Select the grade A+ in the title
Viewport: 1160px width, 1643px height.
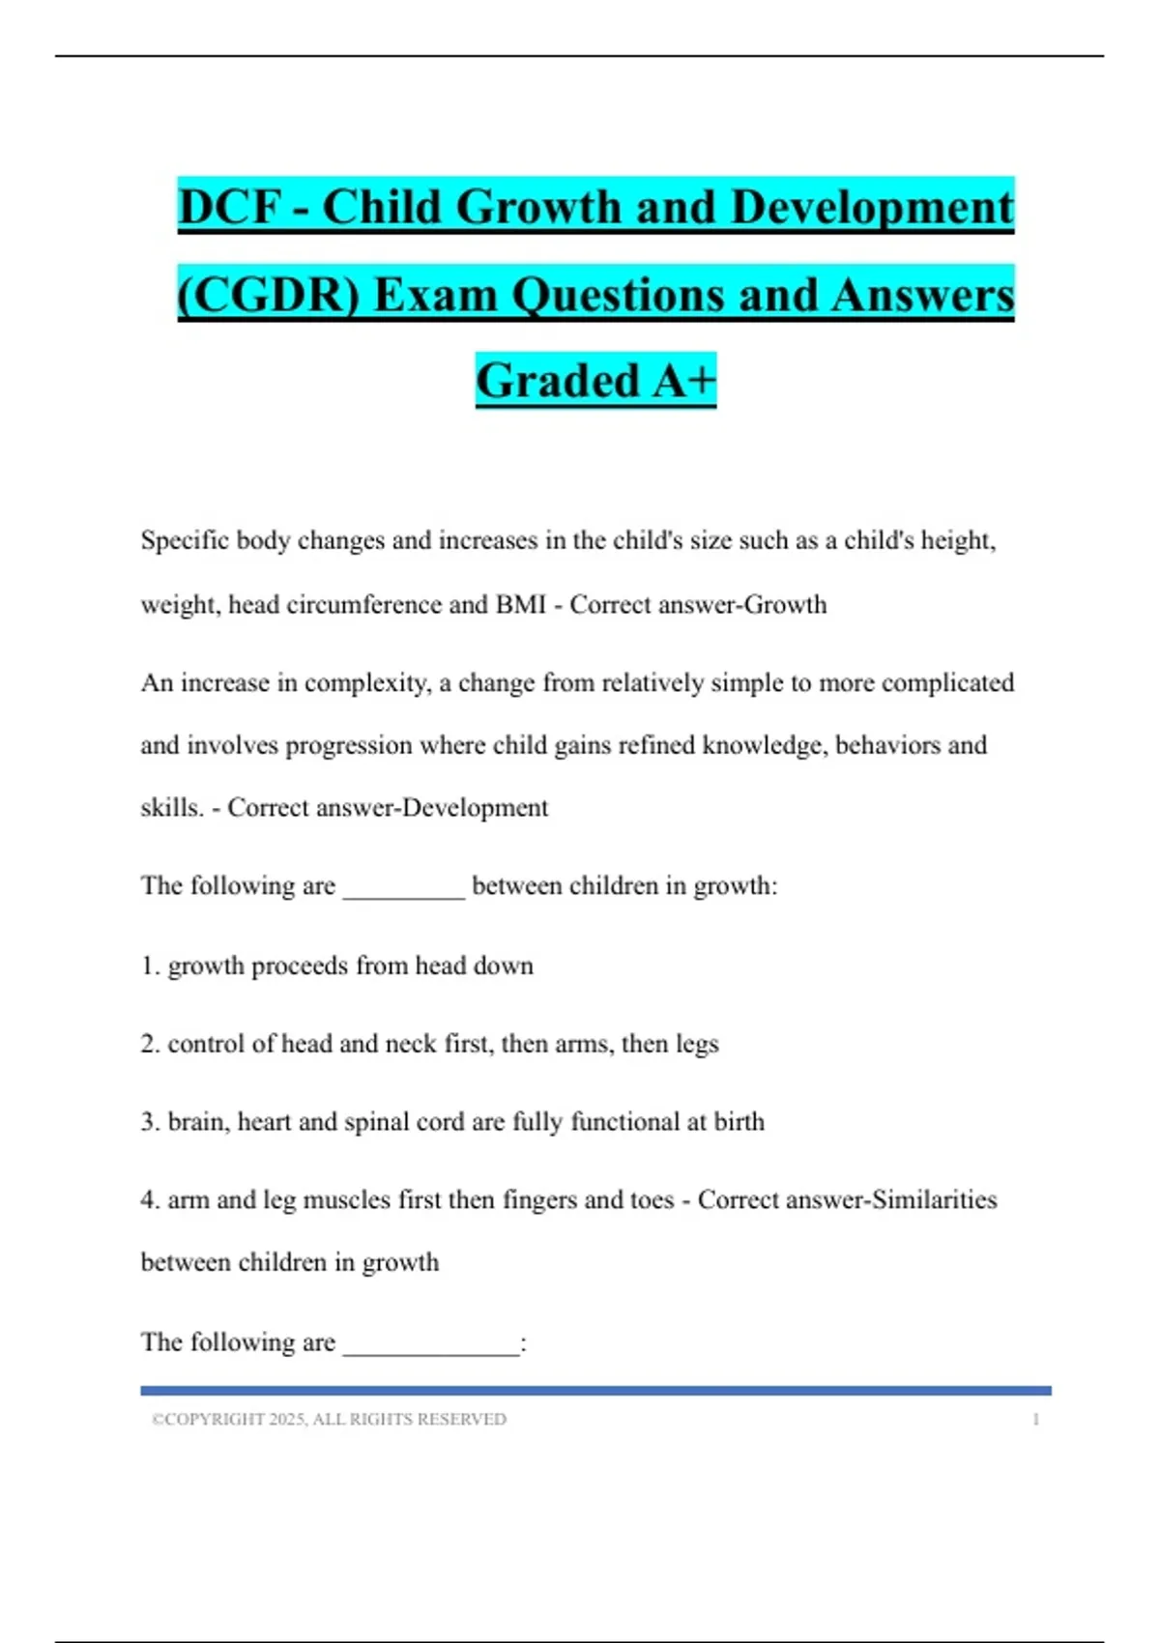coord(683,380)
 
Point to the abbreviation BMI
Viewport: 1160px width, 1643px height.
coord(521,605)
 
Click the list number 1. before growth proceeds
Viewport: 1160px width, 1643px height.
coord(150,966)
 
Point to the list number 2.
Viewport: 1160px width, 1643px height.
coord(150,1045)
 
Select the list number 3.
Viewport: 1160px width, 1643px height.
coord(150,1122)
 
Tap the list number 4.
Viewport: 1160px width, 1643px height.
coord(150,1200)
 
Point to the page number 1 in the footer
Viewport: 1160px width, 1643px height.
coord(1035,1420)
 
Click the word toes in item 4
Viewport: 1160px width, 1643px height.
coord(652,1200)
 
